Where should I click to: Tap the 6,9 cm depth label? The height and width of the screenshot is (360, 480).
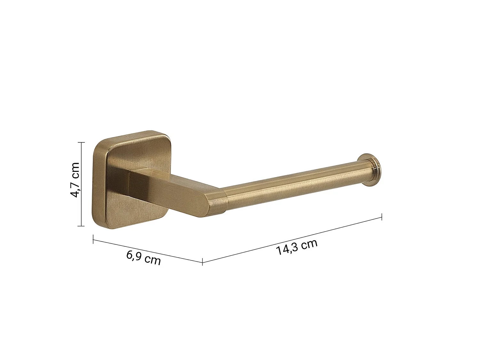(x=143, y=258)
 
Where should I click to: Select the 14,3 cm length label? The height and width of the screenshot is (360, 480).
(x=297, y=247)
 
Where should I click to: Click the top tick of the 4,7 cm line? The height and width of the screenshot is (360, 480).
(x=81, y=142)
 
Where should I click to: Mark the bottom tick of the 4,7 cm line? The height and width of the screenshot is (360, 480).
(x=81, y=226)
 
